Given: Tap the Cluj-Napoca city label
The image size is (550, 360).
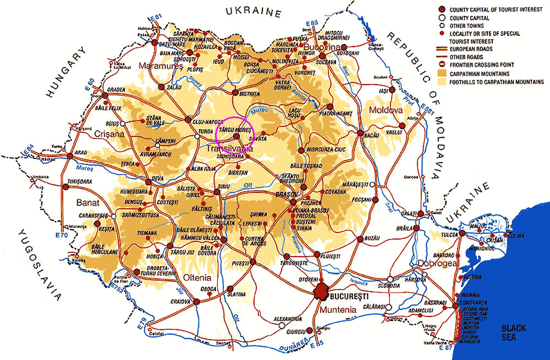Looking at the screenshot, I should [206, 121].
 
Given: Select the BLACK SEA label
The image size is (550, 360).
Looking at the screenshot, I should [513, 333].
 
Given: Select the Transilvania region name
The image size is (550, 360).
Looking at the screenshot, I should [230, 148].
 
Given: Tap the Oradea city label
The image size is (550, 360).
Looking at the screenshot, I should [117, 90].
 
